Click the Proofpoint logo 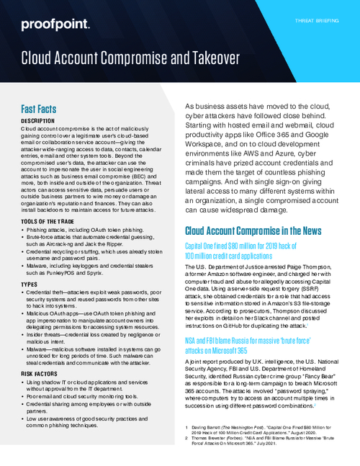55,25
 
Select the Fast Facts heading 44,108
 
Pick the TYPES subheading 30,286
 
